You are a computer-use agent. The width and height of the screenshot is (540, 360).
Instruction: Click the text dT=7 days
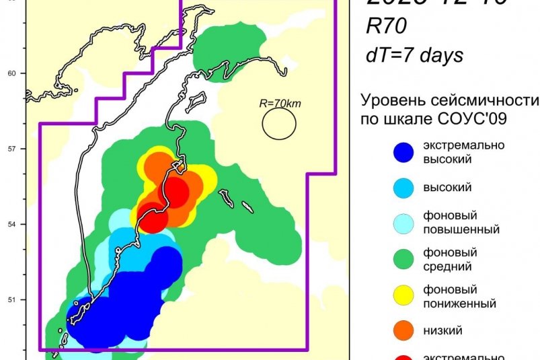[x=414, y=55]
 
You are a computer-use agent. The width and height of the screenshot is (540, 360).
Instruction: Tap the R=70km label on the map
[x=278, y=104]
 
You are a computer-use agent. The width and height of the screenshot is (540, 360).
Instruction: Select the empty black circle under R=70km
[x=279, y=124]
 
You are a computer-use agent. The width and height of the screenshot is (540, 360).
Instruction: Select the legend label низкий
[x=442, y=331]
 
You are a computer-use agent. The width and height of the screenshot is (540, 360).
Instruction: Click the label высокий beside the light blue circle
[x=447, y=188]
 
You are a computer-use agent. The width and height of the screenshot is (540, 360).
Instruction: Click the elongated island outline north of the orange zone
[x=197, y=103]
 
